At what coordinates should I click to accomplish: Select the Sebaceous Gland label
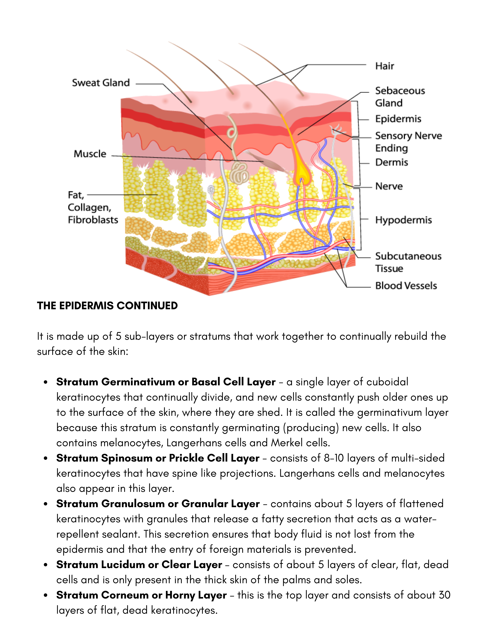(400, 97)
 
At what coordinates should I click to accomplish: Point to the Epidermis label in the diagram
(398, 119)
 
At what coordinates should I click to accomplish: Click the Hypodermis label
(403, 220)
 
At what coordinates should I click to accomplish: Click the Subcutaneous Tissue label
(408, 262)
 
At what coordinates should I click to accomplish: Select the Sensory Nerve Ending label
(408, 142)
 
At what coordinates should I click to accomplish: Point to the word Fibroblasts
(93, 220)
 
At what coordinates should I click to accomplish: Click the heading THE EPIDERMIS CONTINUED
(107, 306)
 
